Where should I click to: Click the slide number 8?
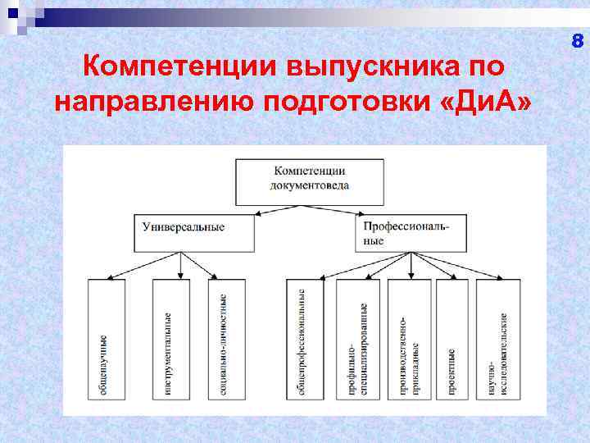[577, 41]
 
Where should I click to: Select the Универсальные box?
[193, 233]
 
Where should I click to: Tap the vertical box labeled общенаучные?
[106, 339]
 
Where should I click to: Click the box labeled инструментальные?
[170, 339]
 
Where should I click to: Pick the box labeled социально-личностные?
[225, 339]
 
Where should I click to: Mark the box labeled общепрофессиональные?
[304, 339]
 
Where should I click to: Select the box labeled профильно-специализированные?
[358, 339]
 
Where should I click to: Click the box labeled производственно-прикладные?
[408, 339]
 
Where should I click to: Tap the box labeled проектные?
[452, 339]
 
